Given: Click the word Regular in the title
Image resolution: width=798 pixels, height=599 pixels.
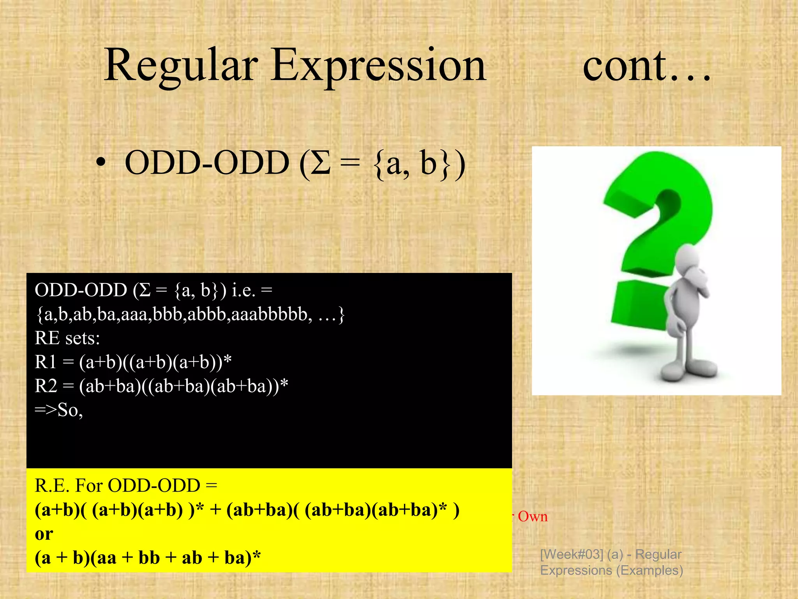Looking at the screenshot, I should click(x=181, y=66).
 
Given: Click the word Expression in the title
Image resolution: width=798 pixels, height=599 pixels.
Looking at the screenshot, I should click(x=378, y=66).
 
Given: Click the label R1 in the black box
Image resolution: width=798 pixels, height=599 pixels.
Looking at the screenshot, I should click(x=46, y=362).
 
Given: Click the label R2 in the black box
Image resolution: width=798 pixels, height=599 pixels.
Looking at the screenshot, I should click(x=46, y=386).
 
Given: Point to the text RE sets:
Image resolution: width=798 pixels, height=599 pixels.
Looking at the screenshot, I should click(x=67, y=338).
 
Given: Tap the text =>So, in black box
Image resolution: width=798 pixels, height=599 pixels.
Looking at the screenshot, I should click(x=58, y=410).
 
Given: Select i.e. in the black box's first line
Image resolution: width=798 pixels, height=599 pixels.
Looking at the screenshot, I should click(x=243, y=291).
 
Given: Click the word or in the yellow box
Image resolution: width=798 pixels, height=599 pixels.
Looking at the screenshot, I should click(x=44, y=534).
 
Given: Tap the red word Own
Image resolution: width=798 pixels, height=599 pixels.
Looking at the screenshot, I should click(x=533, y=517).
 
